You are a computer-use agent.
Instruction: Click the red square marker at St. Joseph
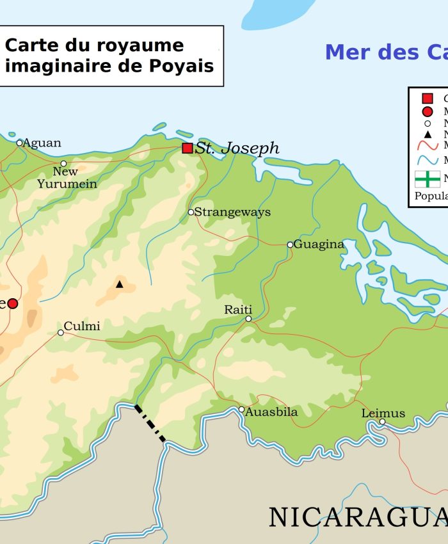pyautogui.click(x=188, y=148)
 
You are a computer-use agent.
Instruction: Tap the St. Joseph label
pyautogui.click(x=237, y=148)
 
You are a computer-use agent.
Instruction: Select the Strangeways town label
pyautogui.click(x=232, y=212)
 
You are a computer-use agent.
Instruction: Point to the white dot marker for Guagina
pyautogui.click(x=290, y=244)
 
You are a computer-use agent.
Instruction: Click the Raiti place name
pyautogui.click(x=238, y=310)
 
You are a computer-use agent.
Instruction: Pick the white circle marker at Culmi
pyautogui.click(x=61, y=332)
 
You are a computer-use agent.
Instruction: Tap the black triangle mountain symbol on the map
pyautogui.click(x=119, y=284)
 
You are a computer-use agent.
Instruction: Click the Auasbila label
pyautogui.click(x=271, y=412)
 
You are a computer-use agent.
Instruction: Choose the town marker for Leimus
pyautogui.click(x=382, y=421)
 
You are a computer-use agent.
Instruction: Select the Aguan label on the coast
pyautogui.click(x=42, y=143)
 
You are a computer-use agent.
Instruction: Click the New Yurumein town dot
pyautogui.click(x=63, y=163)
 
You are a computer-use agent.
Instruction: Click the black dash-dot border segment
pyautogui.click(x=150, y=423)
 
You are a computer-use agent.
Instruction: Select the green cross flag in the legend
pyautogui.click(x=427, y=179)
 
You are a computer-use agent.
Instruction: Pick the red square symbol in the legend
pyautogui.click(x=428, y=99)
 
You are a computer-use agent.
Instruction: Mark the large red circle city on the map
pyautogui.click(x=12, y=303)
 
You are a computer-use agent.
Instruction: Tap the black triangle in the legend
pyautogui.click(x=428, y=134)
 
